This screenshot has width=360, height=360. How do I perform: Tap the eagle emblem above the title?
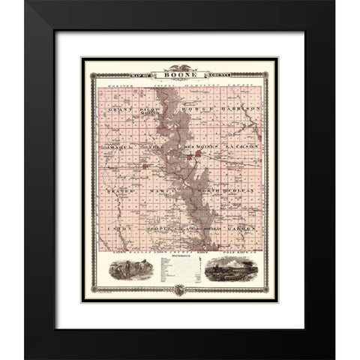[x=180, y=68]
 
